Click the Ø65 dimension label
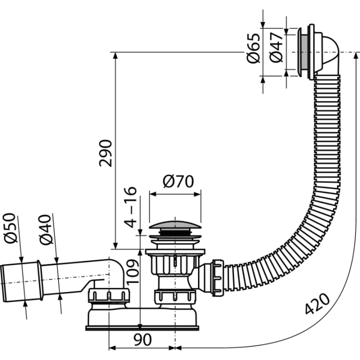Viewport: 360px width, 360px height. point(253,48)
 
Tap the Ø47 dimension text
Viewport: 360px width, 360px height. point(275,47)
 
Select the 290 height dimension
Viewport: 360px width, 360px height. point(105,153)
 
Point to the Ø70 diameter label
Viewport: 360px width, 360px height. point(178,181)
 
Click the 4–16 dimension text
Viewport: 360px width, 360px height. point(130,207)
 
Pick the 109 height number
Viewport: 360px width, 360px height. point(132,271)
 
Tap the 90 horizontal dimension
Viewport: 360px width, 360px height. point(142,340)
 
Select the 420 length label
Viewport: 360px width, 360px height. point(317,303)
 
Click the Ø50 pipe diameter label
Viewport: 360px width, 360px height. point(10,228)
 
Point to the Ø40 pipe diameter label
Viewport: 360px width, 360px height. point(45,229)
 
